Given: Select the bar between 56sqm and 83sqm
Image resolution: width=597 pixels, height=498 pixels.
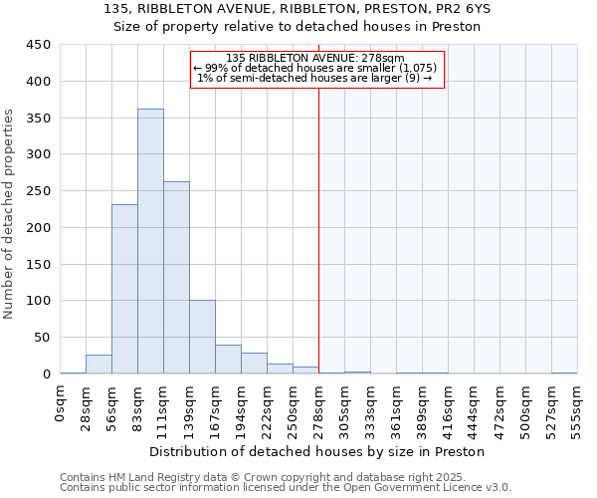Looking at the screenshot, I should [124, 289].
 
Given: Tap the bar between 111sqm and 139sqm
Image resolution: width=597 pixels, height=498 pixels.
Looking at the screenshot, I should [176, 278].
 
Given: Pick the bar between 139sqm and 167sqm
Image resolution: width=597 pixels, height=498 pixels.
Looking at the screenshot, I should [202, 337].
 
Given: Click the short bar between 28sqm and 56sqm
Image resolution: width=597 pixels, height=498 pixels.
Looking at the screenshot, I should [99, 365].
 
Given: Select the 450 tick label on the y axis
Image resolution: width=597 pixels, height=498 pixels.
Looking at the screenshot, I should [39, 45].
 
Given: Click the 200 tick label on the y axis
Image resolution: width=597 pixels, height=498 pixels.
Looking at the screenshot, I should [39, 227].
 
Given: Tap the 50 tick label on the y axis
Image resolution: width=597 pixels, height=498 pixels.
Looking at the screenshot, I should [43, 337].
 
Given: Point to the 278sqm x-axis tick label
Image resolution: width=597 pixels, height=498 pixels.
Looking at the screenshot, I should [318, 405].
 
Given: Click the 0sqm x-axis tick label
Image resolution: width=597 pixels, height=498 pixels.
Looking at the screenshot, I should [60, 401].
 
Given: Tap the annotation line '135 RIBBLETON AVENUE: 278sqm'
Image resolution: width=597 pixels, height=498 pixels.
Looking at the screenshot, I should [314, 58].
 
